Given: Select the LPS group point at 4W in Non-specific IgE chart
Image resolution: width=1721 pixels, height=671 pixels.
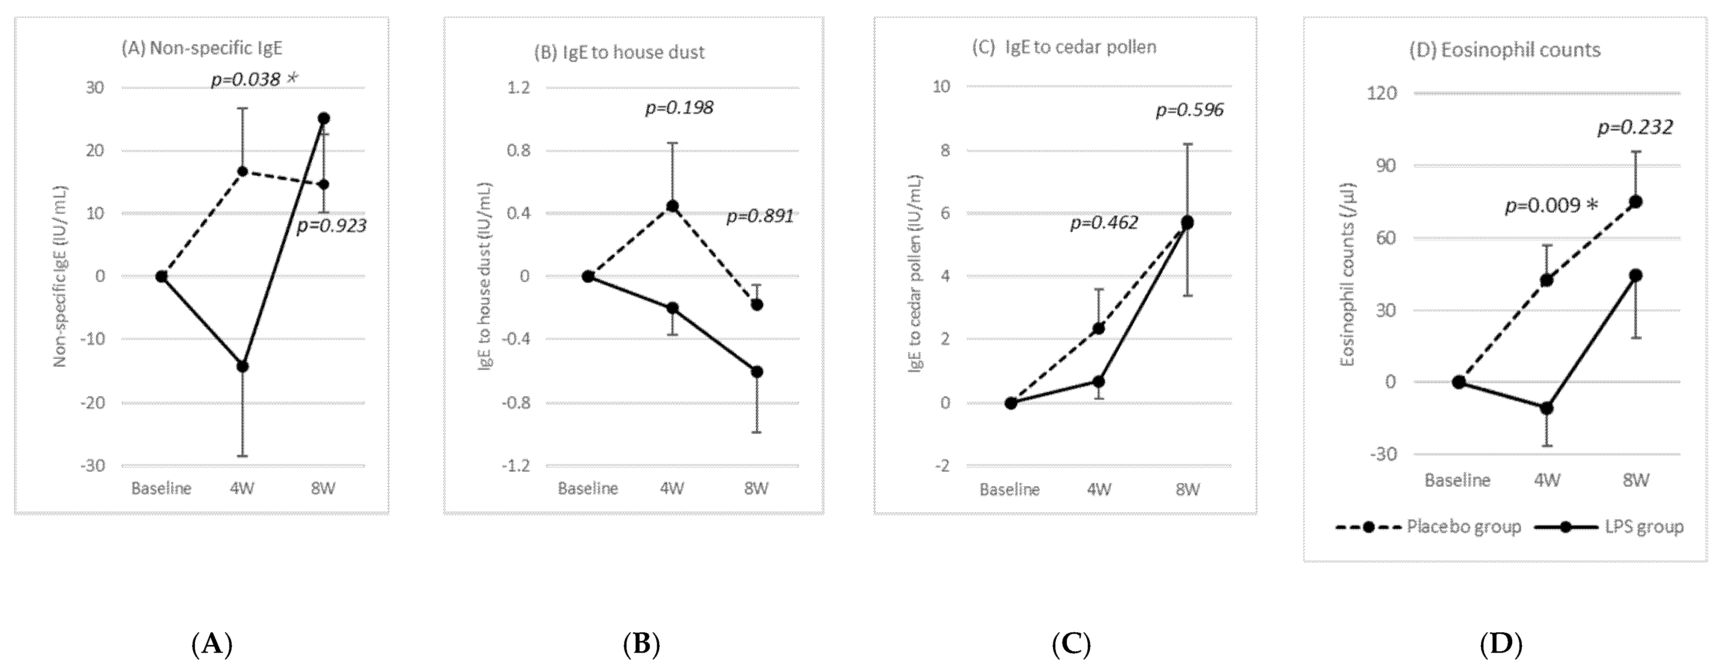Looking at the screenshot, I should click(243, 366).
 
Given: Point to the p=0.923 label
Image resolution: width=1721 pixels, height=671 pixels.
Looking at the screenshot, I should click(331, 226).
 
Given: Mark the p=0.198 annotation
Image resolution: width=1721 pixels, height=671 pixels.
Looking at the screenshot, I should click(679, 108).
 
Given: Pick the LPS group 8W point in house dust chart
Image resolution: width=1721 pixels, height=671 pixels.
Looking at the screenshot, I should click(756, 371).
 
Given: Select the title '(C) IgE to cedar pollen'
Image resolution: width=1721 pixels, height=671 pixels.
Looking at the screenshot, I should click(1064, 47).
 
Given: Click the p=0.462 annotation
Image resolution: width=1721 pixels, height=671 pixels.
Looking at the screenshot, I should click(1104, 223).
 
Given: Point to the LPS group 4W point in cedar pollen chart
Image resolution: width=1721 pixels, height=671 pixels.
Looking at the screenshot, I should click(1098, 381).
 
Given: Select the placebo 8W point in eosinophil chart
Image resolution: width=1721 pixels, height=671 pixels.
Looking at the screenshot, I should click(1635, 202).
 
